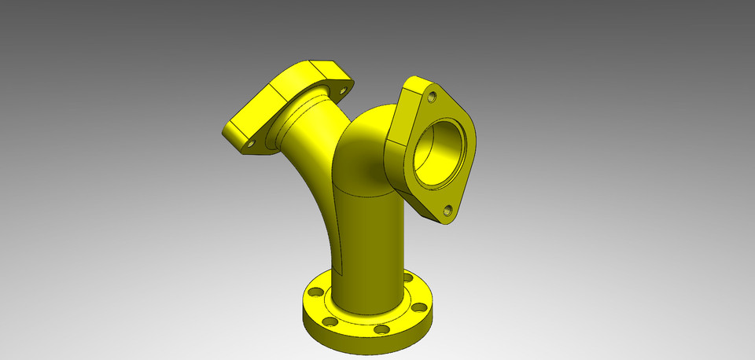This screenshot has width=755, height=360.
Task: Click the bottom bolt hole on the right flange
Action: [447, 210]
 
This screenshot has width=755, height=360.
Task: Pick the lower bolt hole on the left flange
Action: [252, 144]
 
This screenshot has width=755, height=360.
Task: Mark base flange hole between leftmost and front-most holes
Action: [330, 321]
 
